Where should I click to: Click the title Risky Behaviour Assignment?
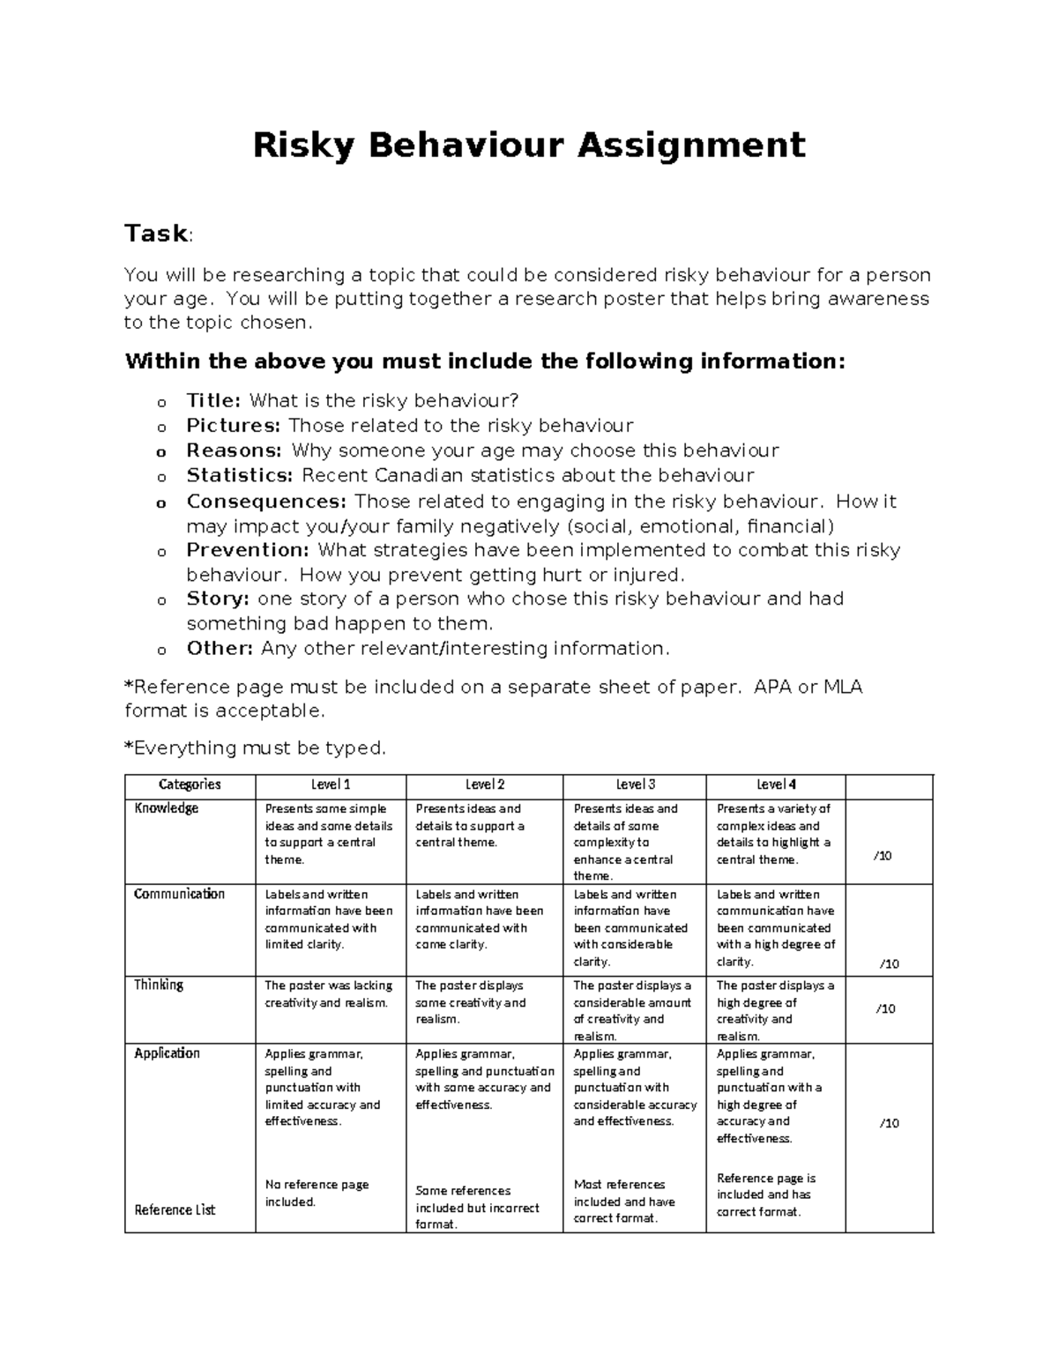[x=529, y=145]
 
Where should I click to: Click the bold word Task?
[x=156, y=234]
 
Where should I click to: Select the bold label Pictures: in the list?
[x=234, y=426]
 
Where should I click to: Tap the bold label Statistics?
[x=240, y=476]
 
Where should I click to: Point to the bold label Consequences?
[x=267, y=502]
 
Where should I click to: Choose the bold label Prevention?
[x=248, y=551]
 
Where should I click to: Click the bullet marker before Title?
[x=161, y=403]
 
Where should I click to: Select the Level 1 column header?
[x=331, y=785]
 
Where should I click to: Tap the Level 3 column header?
[x=635, y=785]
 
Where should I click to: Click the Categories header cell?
[x=190, y=785]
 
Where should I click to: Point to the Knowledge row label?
[x=167, y=808]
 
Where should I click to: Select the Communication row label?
[x=179, y=894]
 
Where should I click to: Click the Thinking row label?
[x=159, y=985]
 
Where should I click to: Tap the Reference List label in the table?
[x=175, y=1209]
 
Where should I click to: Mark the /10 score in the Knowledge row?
[x=881, y=856]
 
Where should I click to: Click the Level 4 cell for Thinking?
[x=774, y=1010]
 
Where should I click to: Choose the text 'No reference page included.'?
[x=317, y=1193]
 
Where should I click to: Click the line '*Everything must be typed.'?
[x=255, y=748]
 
